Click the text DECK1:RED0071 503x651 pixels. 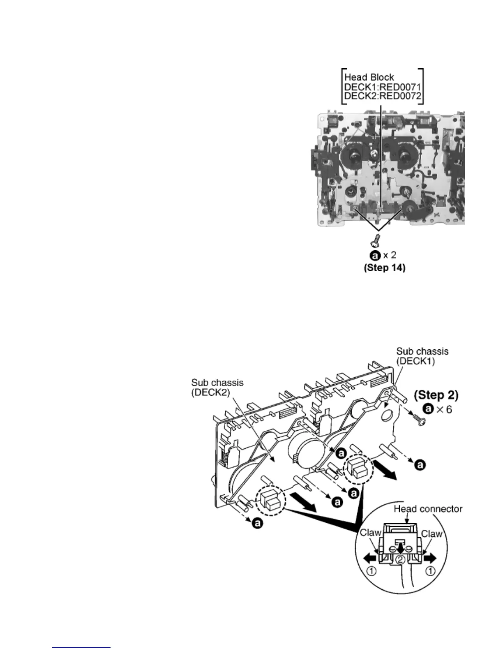click(x=381, y=86)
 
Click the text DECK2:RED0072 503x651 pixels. click(x=381, y=96)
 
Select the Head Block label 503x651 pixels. click(x=369, y=77)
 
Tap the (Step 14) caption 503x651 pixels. click(x=384, y=268)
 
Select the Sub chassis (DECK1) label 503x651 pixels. click(x=422, y=356)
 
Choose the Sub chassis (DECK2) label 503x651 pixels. click(x=217, y=387)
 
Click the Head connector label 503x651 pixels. click(x=428, y=509)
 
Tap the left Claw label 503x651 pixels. click(x=370, y=533)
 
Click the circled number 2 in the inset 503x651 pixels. click(x=401, y=559)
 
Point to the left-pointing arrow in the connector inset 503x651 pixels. click(x=369, y=558)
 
